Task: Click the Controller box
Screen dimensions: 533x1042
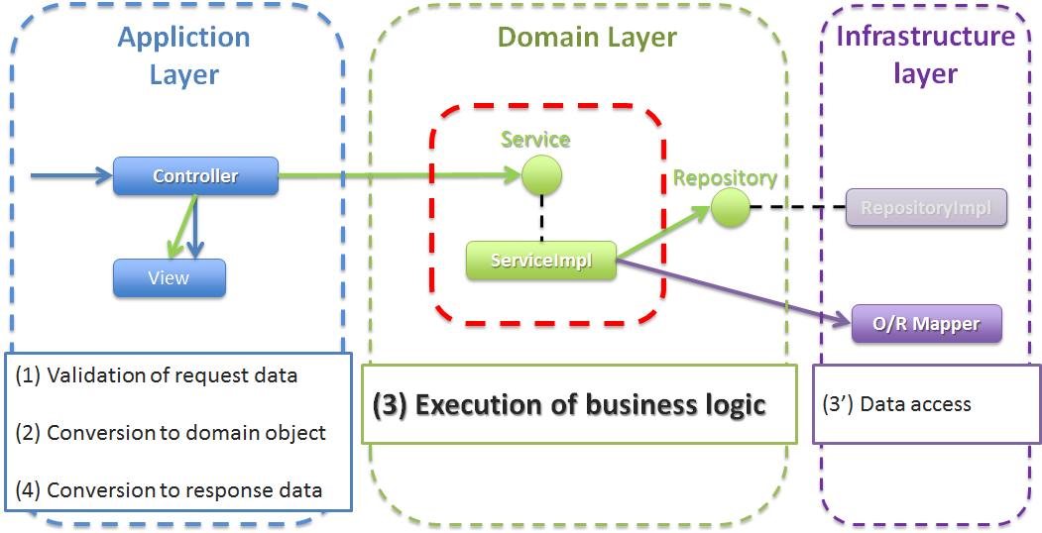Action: (195, 176)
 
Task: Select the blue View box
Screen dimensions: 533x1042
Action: (169, 278)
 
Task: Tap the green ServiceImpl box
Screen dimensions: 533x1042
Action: (541, 261)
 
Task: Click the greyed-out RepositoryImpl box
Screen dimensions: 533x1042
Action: (926, 208)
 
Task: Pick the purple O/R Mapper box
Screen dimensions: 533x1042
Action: (927, 324)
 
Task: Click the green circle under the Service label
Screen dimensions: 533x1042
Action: (541, 175)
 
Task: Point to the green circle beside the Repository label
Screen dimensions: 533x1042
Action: (730, 208)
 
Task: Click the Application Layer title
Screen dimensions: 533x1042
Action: (184, 55)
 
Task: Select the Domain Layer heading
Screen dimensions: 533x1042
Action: (587, 38)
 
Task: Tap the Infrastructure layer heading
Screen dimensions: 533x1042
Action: (926, 54)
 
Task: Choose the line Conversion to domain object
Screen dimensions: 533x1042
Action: (171, 433)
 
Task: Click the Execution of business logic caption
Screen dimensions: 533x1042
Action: (569, 404)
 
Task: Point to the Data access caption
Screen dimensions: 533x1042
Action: (897, 404)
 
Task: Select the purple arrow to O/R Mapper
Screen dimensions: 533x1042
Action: (734, 291)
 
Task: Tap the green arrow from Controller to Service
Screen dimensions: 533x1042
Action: (397, 176)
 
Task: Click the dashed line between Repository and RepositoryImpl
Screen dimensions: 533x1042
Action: (797, 208)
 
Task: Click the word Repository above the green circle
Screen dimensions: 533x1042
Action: (725, 178)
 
